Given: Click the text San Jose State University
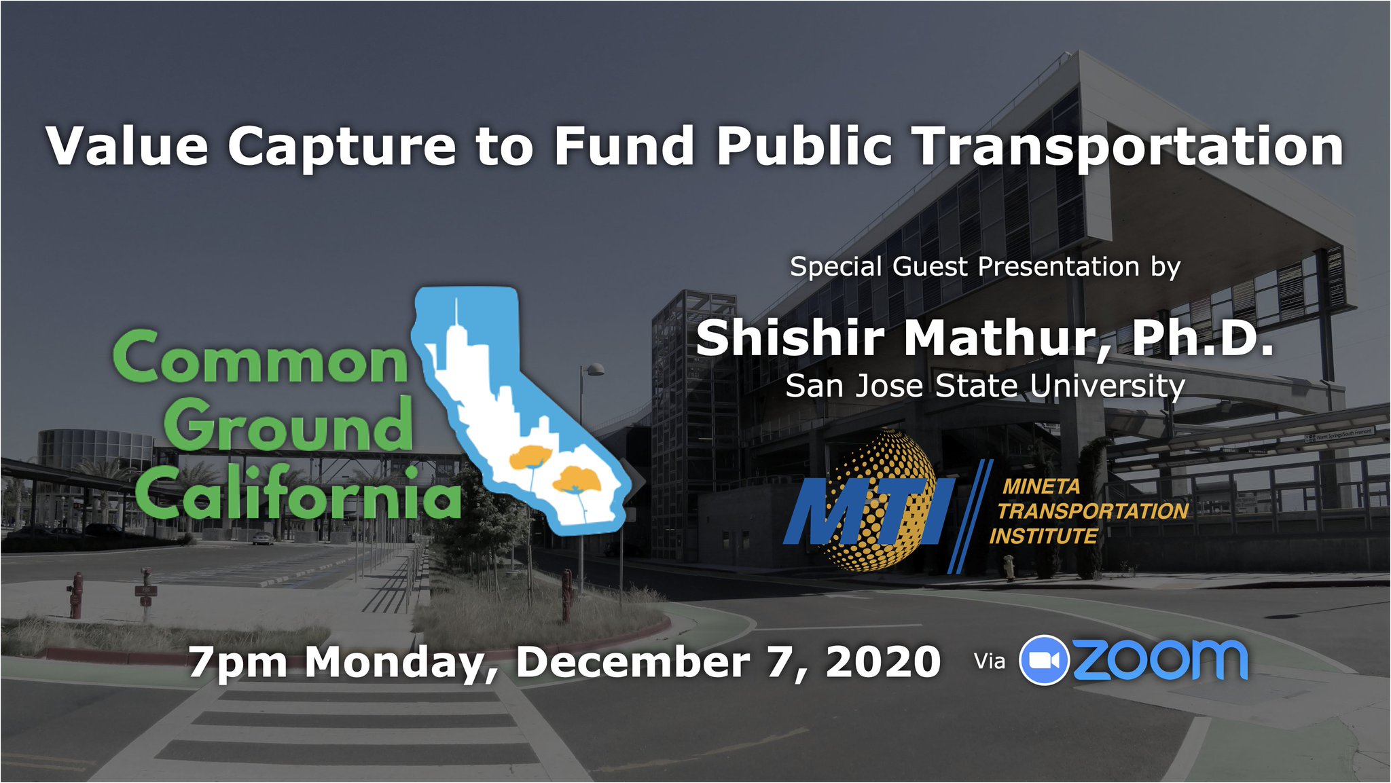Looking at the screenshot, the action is click(985, 386).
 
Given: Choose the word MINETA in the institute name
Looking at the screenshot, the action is click(1041, 486).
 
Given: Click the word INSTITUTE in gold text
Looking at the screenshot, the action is click(1043, 536).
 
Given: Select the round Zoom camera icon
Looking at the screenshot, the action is click(1045, 660).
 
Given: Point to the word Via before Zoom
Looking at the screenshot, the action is click(989, 661).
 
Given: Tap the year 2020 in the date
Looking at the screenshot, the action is click(883, 661).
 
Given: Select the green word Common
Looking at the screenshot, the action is click(261, 358).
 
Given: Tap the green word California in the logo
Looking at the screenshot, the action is click(297, 490).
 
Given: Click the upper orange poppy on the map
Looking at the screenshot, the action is click(530, 458).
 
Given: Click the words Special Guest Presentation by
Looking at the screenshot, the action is click(986, 267).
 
